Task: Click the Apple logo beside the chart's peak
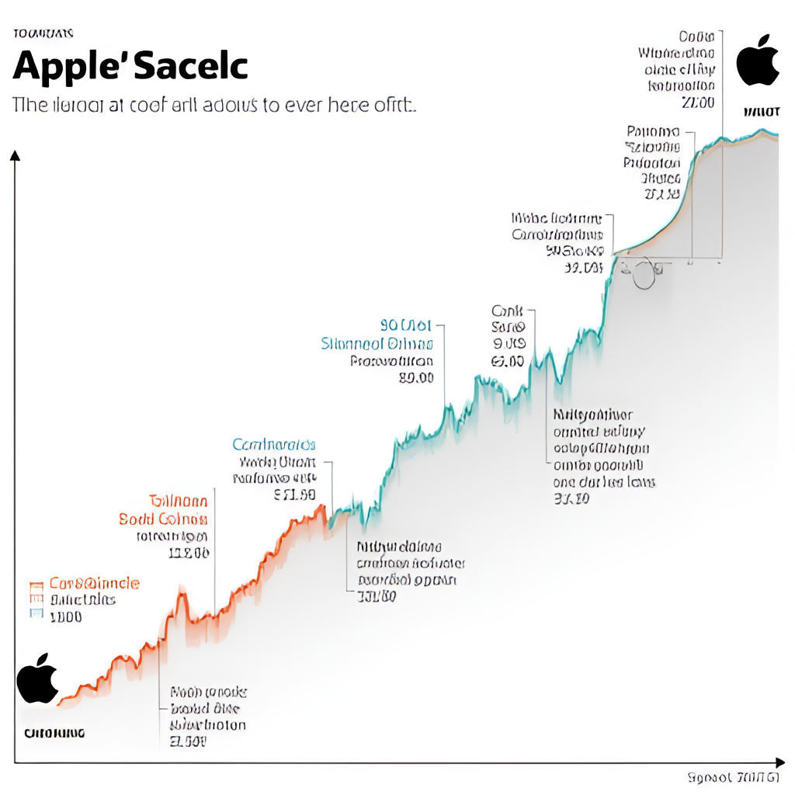[x=757, y=60]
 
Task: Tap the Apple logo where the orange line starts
[x=37, y=678]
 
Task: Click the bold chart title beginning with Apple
[x=130, y=67]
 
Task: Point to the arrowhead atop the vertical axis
[x=15, y=155]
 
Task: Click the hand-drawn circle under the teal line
[x=644, y=273]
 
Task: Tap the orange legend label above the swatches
[x=94, y=583]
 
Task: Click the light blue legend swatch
[x=34, y=614]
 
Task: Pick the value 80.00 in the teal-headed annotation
[x=415, y=378]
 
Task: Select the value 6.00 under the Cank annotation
[x=508, y=360]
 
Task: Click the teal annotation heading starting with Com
[x=273, y=445]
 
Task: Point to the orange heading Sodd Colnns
[x=163, y=519]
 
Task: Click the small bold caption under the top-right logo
[x=760, y=113]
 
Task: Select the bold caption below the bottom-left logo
[x=54, y=732]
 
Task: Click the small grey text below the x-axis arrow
[x=734, y=777]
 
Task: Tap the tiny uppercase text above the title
[x=43, y=33]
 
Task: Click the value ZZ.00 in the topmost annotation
[x=696, y=103]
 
